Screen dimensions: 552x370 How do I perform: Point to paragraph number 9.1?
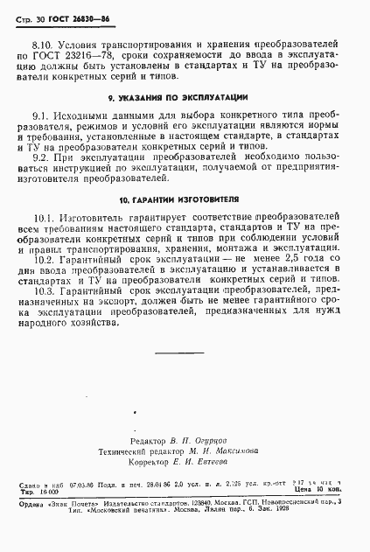pyautogui.click(x=41, y=116)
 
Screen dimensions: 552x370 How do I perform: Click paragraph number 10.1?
pyautogui.click(x=45, y=217)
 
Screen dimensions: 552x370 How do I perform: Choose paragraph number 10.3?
pyautogui.click(x=45, y=288)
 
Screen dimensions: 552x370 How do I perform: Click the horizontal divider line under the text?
pyautogui.click(x=178, y=352)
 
